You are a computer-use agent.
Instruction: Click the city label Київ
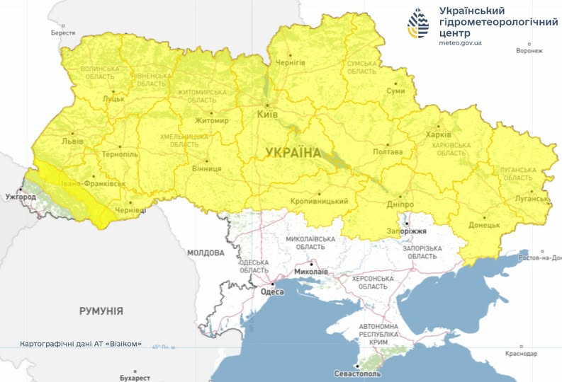266,114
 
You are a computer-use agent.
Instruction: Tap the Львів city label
72,140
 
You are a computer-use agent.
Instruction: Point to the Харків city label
437,134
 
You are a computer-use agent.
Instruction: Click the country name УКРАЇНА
293,152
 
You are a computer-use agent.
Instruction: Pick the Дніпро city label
400,204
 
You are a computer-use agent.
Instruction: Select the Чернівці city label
130,211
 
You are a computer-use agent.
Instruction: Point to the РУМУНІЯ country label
101,311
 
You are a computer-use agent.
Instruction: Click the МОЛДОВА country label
206,253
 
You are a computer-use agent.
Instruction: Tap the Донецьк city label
484,225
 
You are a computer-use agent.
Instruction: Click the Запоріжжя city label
407,231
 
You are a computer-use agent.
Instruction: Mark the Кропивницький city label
320,202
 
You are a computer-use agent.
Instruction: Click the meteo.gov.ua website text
461,43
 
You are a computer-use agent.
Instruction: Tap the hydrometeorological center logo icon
418,25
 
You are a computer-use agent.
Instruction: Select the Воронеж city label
529,51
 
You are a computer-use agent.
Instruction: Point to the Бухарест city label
135,378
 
